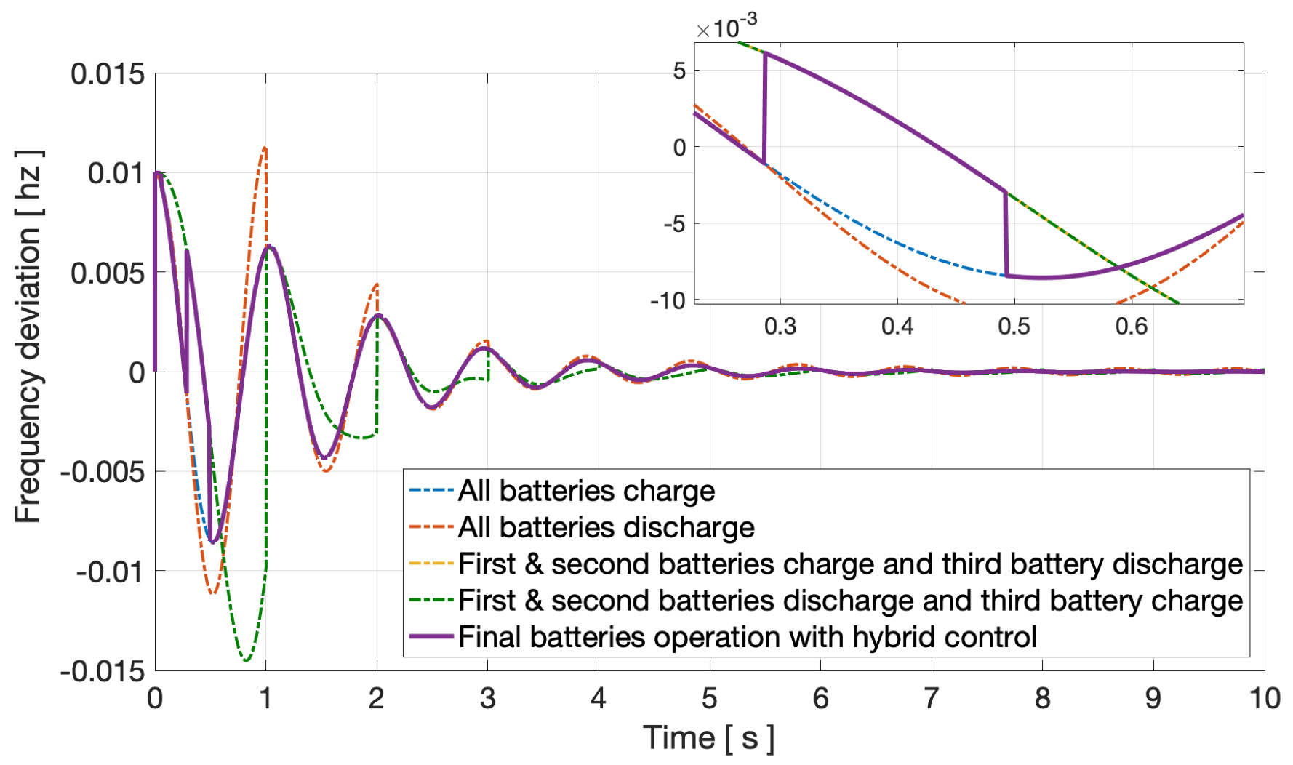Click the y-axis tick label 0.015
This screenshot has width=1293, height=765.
tap(108, 74)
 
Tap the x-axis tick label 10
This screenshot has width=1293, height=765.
tap(1265, 699)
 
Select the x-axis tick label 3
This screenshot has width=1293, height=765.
tap(487, 699)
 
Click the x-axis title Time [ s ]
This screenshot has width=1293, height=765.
tap(708, 738)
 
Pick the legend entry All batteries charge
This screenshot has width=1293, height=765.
tap(586, 491)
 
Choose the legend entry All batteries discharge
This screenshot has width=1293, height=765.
tap(606, 527)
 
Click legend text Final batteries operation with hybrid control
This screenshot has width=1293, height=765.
tap(747, 637)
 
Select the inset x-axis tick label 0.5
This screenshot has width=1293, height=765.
tap(1014, 326)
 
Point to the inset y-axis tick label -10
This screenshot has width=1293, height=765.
tap(668, 300)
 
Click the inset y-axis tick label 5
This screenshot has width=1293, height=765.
tap(678, 71)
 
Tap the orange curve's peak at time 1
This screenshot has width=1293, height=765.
tap(265, 148)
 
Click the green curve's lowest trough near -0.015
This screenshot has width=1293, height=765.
tap(247, 660)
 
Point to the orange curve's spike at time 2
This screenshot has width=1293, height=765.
tap(377, 284)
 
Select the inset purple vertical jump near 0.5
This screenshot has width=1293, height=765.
tap(1006, 233)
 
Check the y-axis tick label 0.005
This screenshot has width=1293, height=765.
tap(108, 273)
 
